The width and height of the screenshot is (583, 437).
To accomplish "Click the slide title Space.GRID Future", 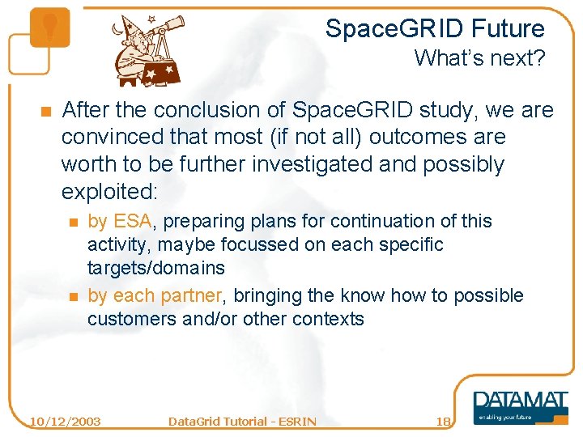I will click(x=435, y=29).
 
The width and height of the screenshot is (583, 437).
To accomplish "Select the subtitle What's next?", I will click(x=479, y=58).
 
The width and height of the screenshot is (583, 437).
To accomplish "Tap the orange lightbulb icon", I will click(x=49, y=27).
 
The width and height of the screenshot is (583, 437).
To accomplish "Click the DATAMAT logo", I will click(x=520, y=402).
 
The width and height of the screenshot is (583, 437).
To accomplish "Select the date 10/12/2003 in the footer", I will click(x=65, y=421).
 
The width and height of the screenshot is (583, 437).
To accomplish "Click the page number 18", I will click(x=443, y=421).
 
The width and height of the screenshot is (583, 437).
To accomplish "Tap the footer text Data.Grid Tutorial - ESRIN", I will click(x=241, y=421).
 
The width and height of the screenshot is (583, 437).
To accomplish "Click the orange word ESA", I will click(x=133, y=221).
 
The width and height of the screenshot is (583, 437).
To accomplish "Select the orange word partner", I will click(x=191, y=295).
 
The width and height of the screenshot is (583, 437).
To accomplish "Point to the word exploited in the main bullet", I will click(x=109, y=192).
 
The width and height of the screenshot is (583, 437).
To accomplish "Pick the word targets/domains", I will click(x=156, y=267).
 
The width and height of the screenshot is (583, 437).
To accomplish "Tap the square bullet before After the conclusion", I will click(x=46, y=111).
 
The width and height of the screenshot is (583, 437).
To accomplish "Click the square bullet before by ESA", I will click(x=73, y=222).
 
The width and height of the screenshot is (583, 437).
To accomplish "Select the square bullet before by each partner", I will click(x=73, y=296).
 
